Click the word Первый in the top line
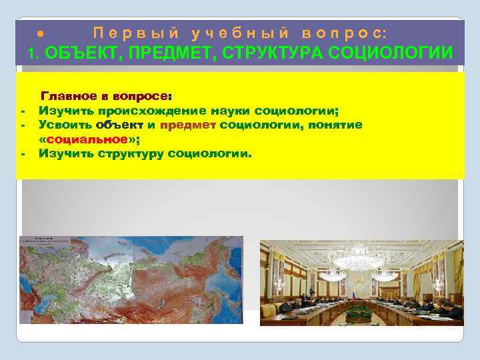(131, 32)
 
